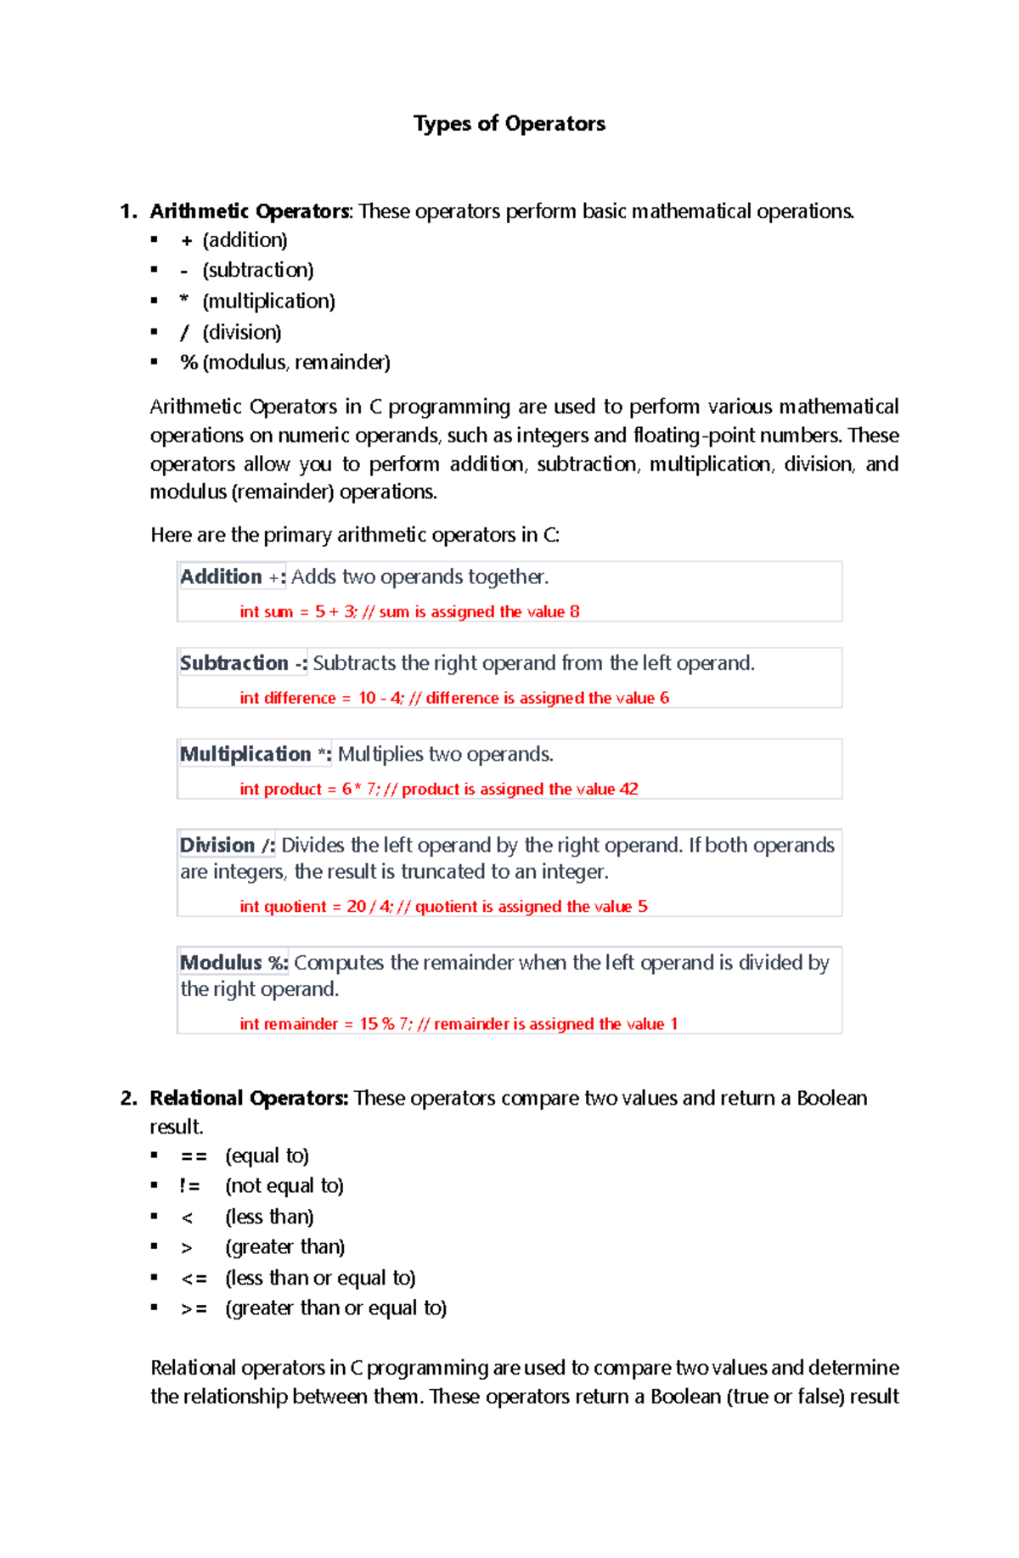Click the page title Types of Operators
509,124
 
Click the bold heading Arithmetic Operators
250,211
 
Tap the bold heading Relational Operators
249,1099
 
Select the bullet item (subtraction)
258,270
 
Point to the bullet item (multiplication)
268,301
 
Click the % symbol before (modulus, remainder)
189,363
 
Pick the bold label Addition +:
232,577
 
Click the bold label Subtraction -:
243,663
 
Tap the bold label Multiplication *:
255,755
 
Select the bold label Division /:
227,846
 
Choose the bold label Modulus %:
234,963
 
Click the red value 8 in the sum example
575,612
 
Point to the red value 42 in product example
629,790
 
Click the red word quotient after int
296,907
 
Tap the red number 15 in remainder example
369,1024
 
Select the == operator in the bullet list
194,1156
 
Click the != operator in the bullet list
189,1186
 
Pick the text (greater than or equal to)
335,1308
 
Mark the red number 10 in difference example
367,698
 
